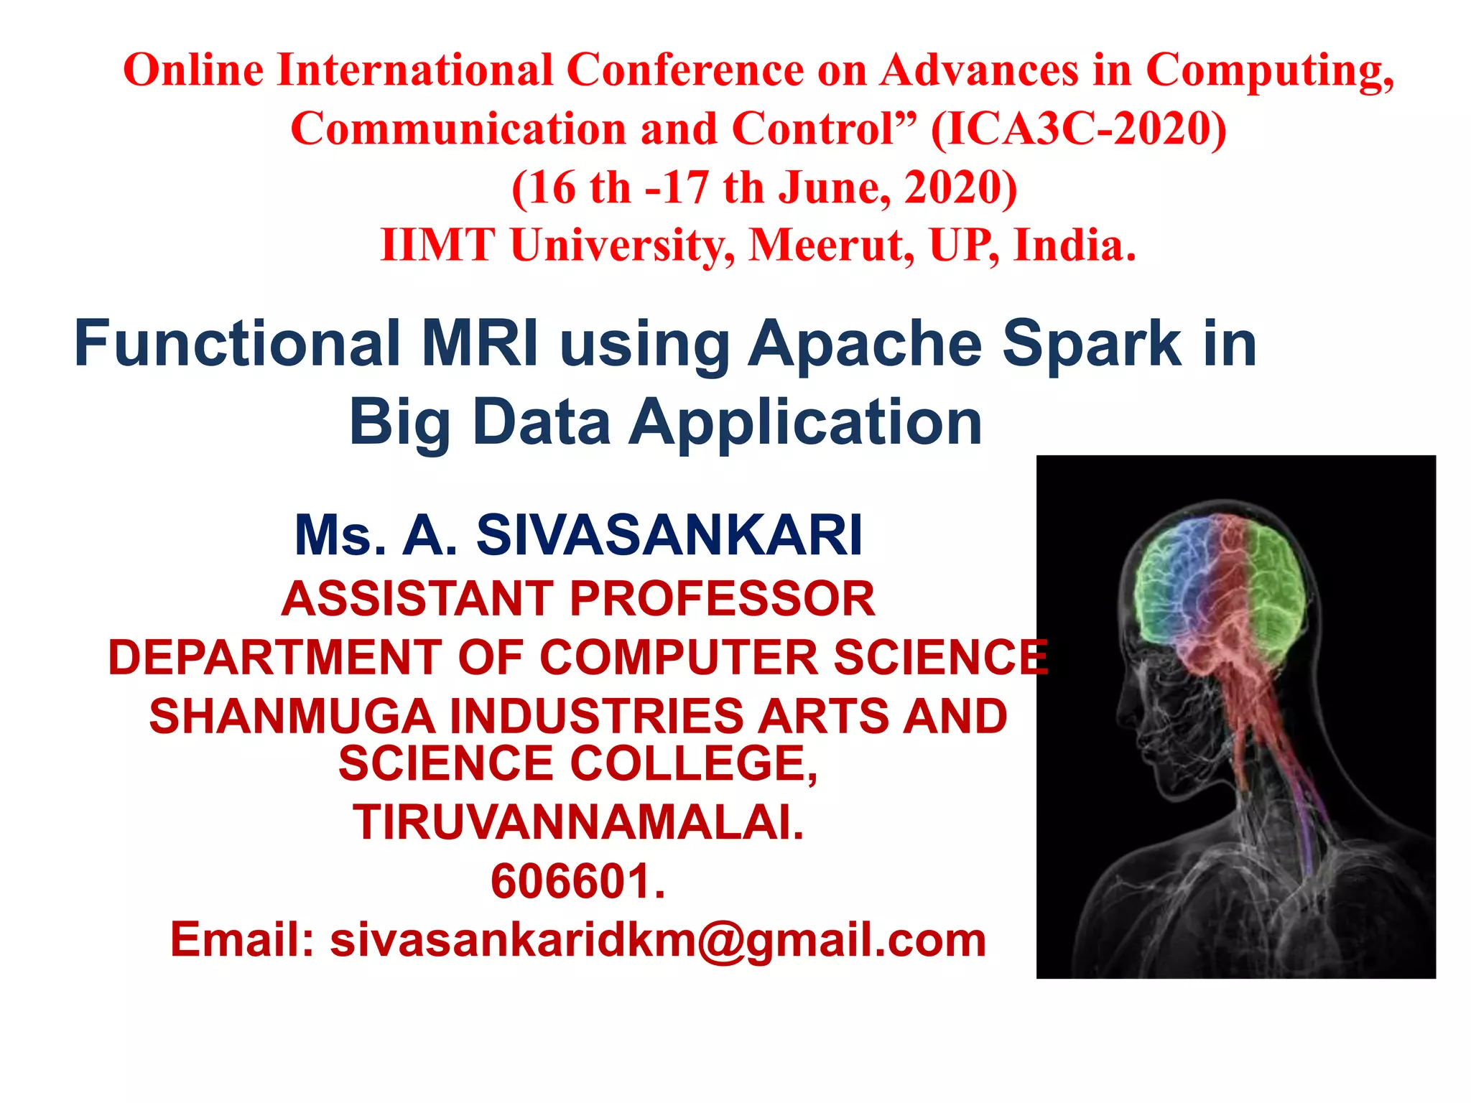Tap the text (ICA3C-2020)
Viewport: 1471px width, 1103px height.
coord(1079,129)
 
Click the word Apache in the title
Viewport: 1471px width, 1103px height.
coord(865,345)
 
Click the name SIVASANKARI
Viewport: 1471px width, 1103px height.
coord(669,536)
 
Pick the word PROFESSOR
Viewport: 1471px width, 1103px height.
coord(723,599)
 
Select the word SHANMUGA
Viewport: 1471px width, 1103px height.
coord(292,717)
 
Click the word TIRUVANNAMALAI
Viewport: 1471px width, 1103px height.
coord(578,822)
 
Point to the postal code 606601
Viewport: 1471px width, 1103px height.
coord(578,881)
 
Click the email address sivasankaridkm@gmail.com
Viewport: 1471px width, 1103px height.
coord(658,940)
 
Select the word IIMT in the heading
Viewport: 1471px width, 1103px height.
coord(437,246)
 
